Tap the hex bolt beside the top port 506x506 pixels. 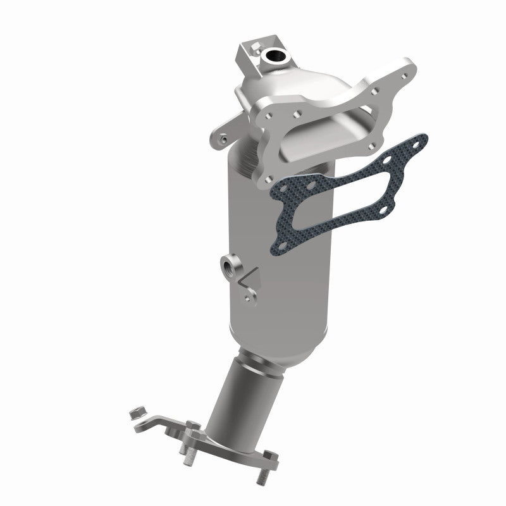pos(250,48)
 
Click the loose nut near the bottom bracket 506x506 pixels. pos(134,414)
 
